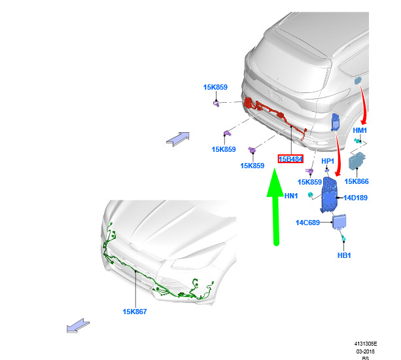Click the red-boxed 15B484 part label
290,159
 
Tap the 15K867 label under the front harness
135,312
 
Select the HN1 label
291,196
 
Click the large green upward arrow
275,207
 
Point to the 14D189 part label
355,198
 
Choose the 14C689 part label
307,223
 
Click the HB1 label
344,255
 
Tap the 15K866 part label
357,181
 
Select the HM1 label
360,130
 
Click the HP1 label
328,161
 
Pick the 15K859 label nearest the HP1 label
309,182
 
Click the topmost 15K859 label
215,87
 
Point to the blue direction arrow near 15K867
78,326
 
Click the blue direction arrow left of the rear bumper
178,139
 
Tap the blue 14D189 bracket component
329,194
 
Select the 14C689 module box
339,222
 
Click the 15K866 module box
357,160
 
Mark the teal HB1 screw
343,238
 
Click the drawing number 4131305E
366,344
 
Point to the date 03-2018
366,351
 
